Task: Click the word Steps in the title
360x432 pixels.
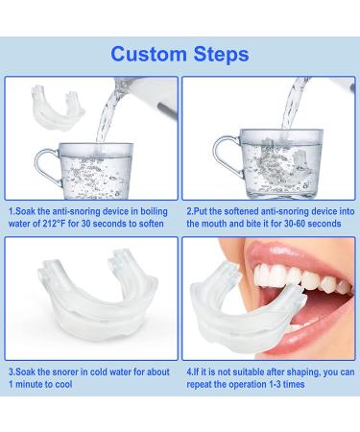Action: pos(222,55)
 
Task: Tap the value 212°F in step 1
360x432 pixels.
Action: pos(54,224)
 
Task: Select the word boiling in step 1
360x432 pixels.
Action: pos(155,211)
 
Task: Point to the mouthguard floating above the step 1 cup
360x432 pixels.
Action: pos(57,107)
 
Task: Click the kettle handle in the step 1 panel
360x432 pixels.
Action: pos(166,110)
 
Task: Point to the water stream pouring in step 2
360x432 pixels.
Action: pos(294,103)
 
